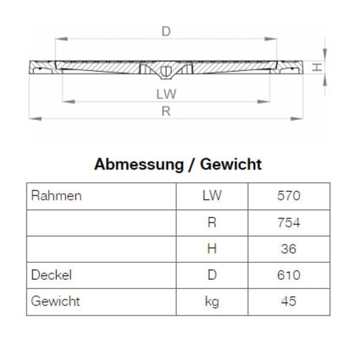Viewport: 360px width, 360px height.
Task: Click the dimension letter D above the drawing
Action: point(166,31)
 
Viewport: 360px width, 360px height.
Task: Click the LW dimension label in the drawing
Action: point(166,94)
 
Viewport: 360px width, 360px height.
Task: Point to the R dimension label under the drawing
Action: point(166,111)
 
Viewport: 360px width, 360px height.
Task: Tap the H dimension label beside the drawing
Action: point(318,67)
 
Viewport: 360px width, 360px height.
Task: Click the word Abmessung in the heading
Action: point(137,164)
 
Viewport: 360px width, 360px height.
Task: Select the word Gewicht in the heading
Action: point(230,164)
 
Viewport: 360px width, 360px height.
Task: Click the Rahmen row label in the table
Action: point(56,196)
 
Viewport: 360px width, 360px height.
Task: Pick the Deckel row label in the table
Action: point(52,275)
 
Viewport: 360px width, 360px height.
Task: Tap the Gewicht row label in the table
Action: point(55,301)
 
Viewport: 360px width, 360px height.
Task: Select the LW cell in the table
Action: point(212,196)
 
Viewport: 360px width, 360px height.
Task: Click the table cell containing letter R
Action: point(212,223)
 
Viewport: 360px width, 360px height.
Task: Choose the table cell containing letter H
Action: point(212,249)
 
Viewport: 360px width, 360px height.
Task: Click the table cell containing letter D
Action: point(212,275)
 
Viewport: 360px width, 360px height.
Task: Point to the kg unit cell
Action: point(212,302)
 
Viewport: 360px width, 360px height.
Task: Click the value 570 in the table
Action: point(289,196)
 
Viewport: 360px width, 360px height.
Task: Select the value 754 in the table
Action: point(289,223)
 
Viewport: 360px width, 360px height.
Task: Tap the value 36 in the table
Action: point(289,249)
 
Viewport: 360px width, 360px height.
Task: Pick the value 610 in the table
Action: point(289,275)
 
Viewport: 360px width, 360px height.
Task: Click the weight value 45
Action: point(289,302)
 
